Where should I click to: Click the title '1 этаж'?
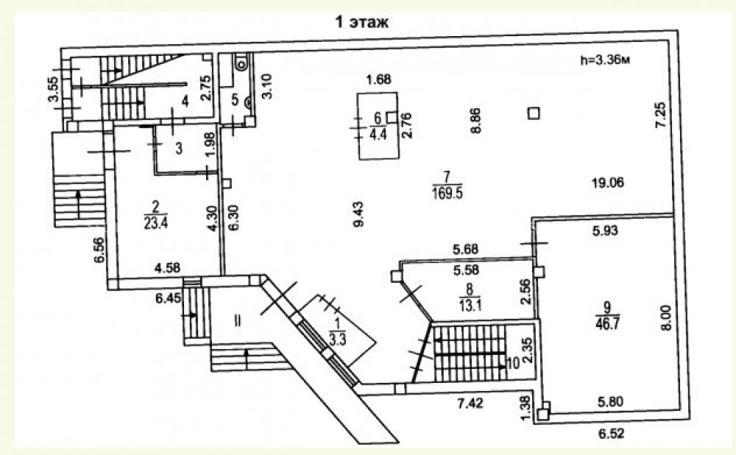click(x=361, y=21)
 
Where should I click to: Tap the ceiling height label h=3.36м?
click(x=604, y=60)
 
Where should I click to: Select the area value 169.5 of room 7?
click(x=447, y=193)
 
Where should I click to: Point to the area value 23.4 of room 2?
click(x=156, y=223)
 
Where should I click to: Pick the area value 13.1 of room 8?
click(x=470, y=306)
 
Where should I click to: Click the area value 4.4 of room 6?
click(x=378, y=135)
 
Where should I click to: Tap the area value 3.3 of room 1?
click(x=338, y=339)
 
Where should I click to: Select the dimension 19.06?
click(x=607, y=183)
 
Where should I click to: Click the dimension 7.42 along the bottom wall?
click(x=470, y=403)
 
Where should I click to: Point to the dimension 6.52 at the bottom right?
click(x=612, y=433)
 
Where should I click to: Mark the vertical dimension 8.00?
click(x=667, y=317)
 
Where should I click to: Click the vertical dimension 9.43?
click(x=358, y=214)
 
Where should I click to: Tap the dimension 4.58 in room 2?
click(x=167, y=268)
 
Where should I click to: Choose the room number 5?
click(x=236, y=99)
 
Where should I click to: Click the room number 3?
click(x=178, y=149)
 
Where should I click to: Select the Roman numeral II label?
click(x=238, y=321)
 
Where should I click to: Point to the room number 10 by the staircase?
click(x=513, y=364)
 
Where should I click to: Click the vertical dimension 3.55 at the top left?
click(x=55, y=89)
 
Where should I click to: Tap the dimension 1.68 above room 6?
click(x=379, y=79)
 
